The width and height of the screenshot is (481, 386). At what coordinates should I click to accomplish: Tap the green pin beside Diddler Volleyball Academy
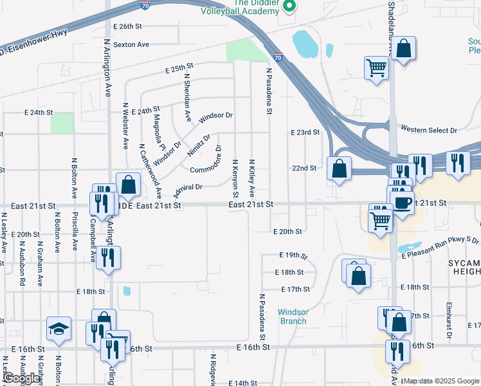289,7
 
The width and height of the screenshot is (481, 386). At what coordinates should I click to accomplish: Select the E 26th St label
127,26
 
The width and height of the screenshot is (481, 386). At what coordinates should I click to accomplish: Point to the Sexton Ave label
131,44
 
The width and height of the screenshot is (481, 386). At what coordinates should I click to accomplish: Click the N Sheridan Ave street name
187,97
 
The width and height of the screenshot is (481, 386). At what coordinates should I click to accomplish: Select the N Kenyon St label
236,178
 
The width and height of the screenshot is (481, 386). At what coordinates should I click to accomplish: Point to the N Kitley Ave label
252,178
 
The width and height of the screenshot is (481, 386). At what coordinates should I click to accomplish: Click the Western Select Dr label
428,130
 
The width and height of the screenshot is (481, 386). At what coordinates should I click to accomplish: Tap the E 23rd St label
305,132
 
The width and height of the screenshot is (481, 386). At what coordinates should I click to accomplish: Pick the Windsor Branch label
293,317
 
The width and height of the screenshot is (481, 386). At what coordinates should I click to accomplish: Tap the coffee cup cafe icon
403,203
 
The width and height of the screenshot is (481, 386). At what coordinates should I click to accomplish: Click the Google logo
22,378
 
